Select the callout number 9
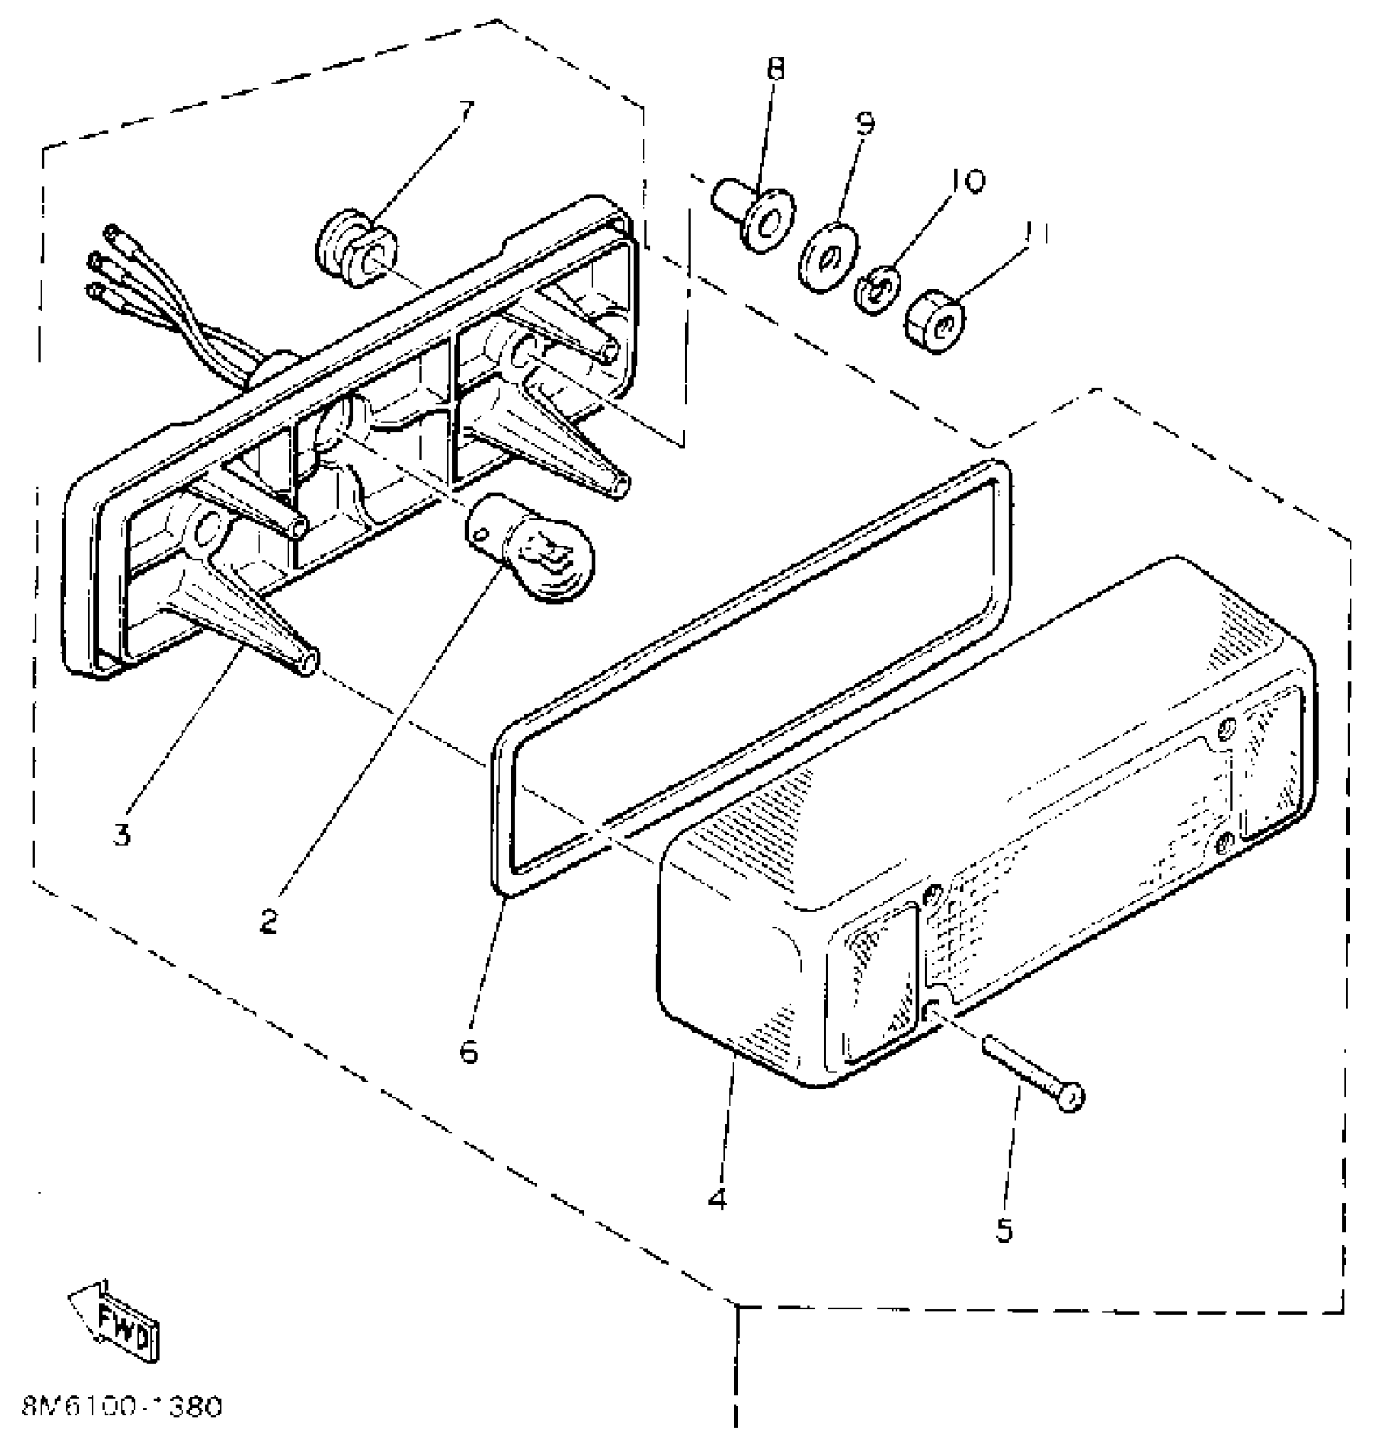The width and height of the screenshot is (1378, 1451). [865, 122]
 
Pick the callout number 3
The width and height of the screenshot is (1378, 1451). [122, 833]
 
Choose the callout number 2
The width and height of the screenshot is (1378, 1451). [269, 920]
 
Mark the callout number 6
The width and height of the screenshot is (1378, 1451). [469, 1051]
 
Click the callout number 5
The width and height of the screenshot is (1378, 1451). [1004, 1230]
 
